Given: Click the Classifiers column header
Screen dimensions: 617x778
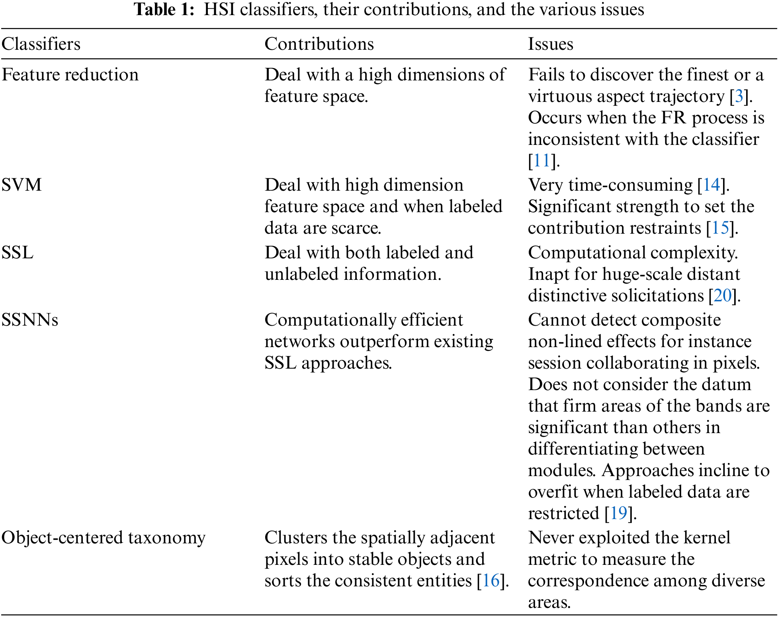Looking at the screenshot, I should pos(41,44).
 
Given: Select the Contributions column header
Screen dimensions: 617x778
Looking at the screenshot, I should pos(319,44).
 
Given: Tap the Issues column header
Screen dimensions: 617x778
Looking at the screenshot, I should pos(550,44).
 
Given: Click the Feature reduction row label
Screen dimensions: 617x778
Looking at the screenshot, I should pos(70,75).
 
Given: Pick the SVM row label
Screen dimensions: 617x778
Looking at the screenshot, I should pos(22,185).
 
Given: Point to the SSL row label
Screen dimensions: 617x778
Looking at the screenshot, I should pos(18,253).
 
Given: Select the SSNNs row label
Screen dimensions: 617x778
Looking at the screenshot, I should pos(30,320).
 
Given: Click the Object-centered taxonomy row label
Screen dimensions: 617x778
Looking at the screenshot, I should pos(104,538).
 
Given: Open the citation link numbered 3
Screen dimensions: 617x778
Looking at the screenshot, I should pos(739,96).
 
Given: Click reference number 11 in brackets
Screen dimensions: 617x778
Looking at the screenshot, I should pos(541,161).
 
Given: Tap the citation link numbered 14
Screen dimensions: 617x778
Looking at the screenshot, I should pos(712,185).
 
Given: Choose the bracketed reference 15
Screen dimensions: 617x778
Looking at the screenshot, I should pos(720,228).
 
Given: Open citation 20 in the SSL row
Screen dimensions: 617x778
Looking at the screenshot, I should pos(723,296).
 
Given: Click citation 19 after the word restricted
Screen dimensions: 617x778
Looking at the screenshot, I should pos(619,514).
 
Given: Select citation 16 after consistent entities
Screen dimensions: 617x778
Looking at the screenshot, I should pos(491,581).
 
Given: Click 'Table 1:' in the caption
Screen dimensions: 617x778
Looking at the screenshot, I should pos(164,10).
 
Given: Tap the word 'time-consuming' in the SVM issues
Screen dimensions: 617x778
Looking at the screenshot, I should pos(630,185).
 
